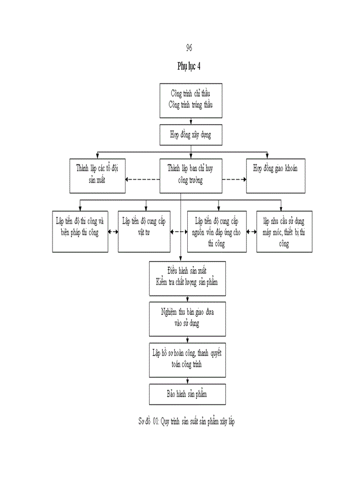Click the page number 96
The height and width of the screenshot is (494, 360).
click(189, 48)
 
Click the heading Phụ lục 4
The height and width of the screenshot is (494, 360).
click(189, 66)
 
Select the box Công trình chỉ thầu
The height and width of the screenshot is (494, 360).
click(191, 100)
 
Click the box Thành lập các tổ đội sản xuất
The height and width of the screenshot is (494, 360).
click(98, 174)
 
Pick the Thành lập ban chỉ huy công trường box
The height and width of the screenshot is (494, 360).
click(191, 174)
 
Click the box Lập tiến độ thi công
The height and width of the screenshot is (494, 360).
click(80, 232)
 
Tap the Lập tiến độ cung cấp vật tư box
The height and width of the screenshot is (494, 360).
click(144, 232)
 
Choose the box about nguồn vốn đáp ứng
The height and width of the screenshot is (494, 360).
click(218, 232)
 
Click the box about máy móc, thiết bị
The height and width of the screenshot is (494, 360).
click(284, 232)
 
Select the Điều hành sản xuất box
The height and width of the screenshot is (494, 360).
click(188, 278)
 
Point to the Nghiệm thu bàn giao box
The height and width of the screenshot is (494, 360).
click(188, 319)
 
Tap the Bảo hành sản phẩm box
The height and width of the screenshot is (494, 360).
click(188, 394)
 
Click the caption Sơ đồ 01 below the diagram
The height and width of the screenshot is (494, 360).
click(187, 421)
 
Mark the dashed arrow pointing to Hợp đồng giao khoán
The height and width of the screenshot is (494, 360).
click(234, 180)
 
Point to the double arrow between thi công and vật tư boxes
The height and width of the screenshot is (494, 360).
click(113, 232)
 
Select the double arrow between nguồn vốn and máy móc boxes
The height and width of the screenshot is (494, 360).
click(251, 232)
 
